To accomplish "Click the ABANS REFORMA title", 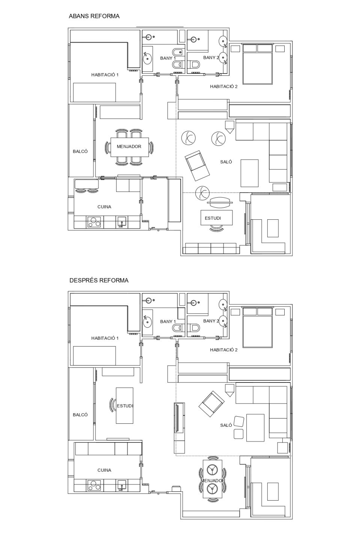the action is (94, 16).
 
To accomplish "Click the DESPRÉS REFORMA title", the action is (99, 280).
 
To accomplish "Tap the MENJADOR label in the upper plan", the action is (129, 147).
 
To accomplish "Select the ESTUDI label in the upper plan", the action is (213, 218).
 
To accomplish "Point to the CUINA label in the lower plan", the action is (104, 470).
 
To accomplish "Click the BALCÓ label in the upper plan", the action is (80, 151).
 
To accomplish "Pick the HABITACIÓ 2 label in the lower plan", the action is (224, 350).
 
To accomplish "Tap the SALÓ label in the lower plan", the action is (226, 425).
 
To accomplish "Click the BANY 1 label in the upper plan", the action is (168, 58).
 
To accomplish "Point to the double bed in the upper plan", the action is (258, 64).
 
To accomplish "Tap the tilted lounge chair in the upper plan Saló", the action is (197, 165).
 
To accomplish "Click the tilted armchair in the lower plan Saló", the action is (211, 404).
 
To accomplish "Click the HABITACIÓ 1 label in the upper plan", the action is (105, 75).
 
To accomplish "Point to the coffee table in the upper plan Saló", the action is (250, 173).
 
